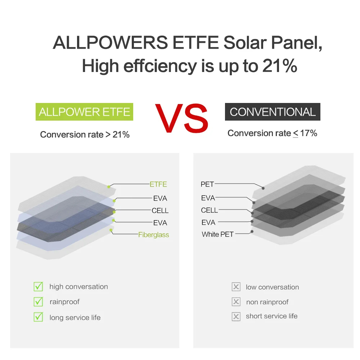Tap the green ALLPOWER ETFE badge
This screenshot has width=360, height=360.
pyautogui.click(x=84, y=112)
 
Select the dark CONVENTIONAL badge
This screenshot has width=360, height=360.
pyautogui.click(x=273, y=112)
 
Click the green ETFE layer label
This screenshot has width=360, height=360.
pyautogui.click(x=158, y=184)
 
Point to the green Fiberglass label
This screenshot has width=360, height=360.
pyautogui.click(x=153, y=235)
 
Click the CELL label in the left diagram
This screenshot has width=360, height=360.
pyautogui.click(x=160, y=211)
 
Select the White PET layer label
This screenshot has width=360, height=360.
pyautogui.click(x=217, y=234)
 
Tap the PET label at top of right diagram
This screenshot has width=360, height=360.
pyautogui.click(x=207, y=184)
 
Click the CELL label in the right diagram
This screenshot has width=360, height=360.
pyautogui.click(x=210, y=210)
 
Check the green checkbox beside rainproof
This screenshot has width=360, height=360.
pyautogui.click(x=38, y=302)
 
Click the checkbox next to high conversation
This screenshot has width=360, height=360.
pyautogui.click(x=38, y=287)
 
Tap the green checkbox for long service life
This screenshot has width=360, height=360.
pyautogui.click(x=38, y=317)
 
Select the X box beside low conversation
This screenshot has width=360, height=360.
pyautogui.click(x=236, y=287)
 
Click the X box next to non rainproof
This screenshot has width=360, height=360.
pyautogui.click(x=236, y=302)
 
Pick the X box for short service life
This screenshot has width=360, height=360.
pyautogui.click(x=236, y=316)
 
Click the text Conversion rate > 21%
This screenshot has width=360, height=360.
pyautogui.click(x=85, y=135)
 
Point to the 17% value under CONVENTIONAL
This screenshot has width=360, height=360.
pyautogui.click(x=309, y=133)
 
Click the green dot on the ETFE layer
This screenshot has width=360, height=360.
pyautogui.click(x=108, y=187)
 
